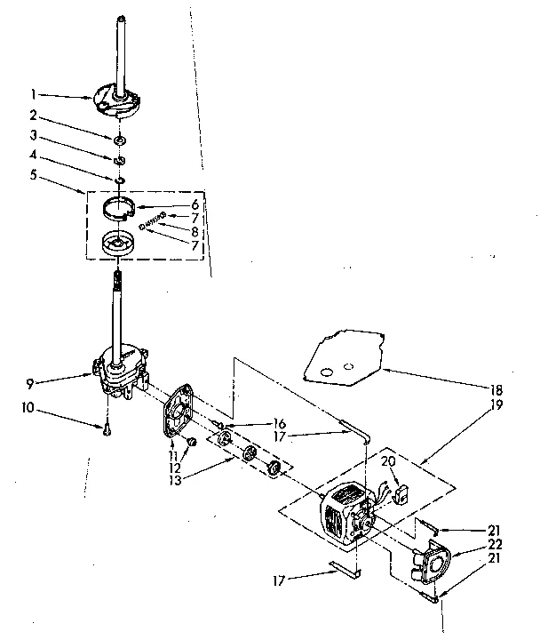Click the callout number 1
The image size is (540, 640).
(33, 93)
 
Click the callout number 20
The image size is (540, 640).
(388, 461)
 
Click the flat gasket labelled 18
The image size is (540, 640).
(337, 356)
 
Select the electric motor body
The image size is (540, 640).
(341, 513)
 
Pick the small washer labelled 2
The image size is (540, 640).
(118, 140)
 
